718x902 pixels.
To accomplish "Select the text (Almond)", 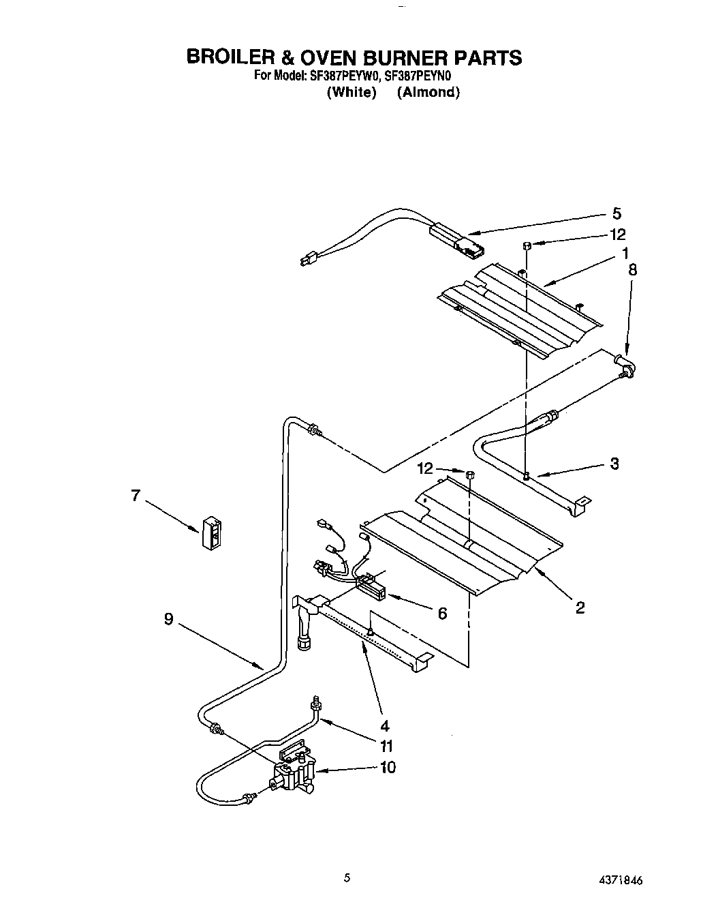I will (428, 93).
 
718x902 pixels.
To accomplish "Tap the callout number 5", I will (616, 213).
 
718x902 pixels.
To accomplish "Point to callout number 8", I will (632, 269).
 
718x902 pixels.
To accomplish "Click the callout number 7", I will (136, 496).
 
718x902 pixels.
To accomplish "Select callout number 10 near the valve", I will (387, 767).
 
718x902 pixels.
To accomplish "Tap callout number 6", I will (442, 614).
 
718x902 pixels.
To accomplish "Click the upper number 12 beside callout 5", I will (617, 235).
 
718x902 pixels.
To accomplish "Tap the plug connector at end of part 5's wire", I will (308, 259).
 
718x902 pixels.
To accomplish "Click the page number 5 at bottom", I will (347, 878).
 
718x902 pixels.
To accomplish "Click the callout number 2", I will (580, 607).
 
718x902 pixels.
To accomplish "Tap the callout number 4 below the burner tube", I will (385, 725).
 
